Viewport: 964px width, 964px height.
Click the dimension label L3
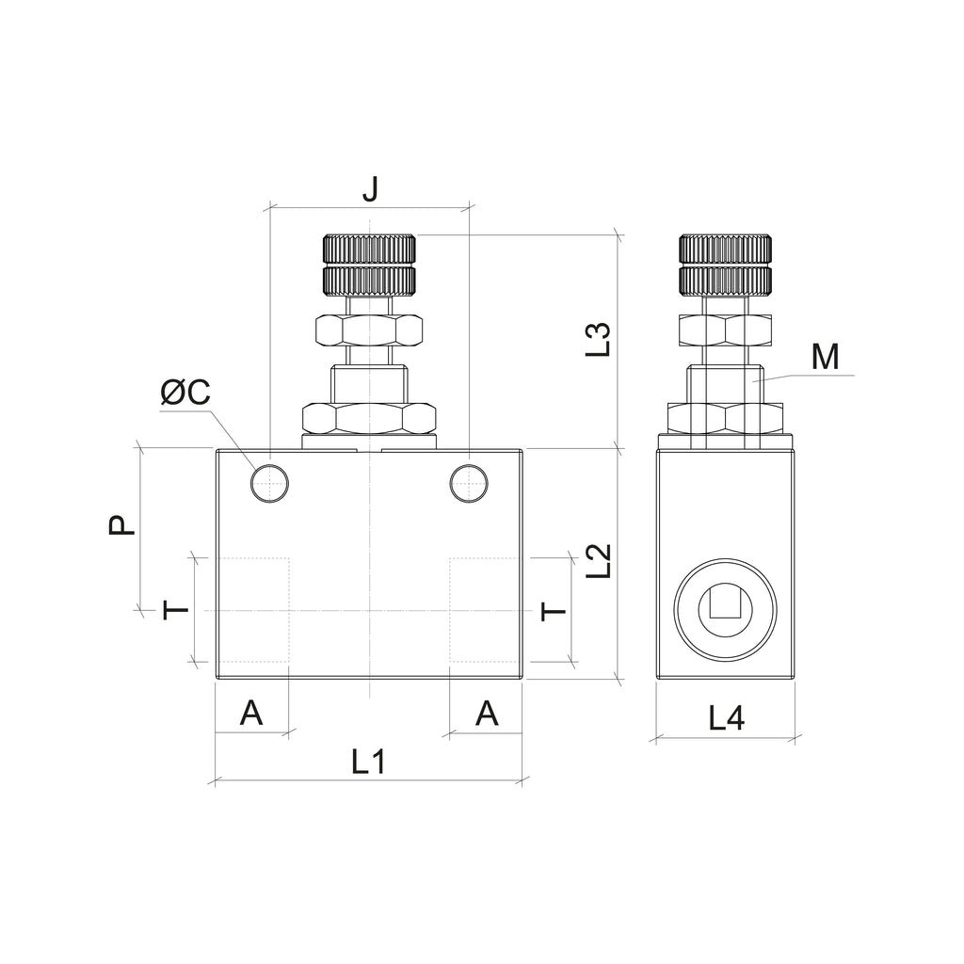(x=598, y=339)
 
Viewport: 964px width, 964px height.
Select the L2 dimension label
(x=598, y=560)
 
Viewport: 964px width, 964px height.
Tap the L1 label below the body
(x=368, y=762)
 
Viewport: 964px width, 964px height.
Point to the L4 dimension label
(x=727, y=717)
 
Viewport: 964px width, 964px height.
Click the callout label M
(x=825, y=357)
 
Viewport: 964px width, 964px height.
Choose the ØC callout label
(x=185, y=392)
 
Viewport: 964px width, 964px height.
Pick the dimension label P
(x=121, y=524)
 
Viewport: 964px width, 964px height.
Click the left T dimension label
(x=176, y=610)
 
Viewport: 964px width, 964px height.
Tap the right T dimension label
(x=554, y=611)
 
